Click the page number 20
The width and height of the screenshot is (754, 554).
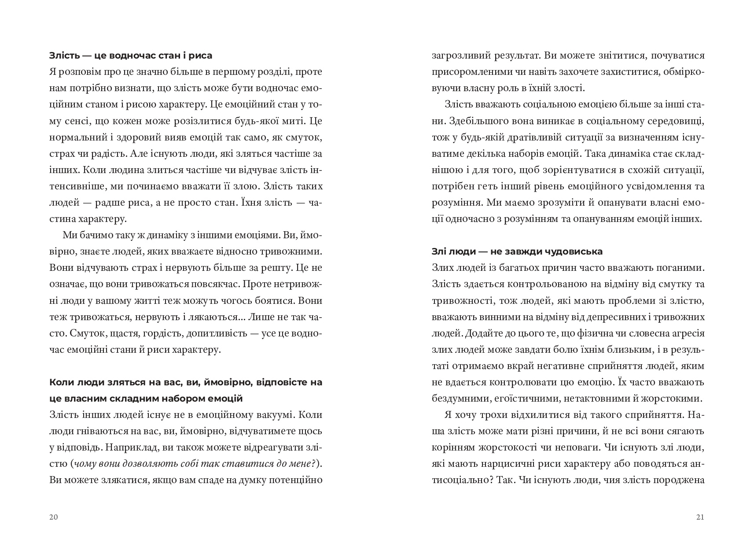tap(53, 517)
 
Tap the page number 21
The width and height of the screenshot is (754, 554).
tap(700, 517)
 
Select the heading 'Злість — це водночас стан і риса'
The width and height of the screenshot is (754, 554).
tap(131, 55)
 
